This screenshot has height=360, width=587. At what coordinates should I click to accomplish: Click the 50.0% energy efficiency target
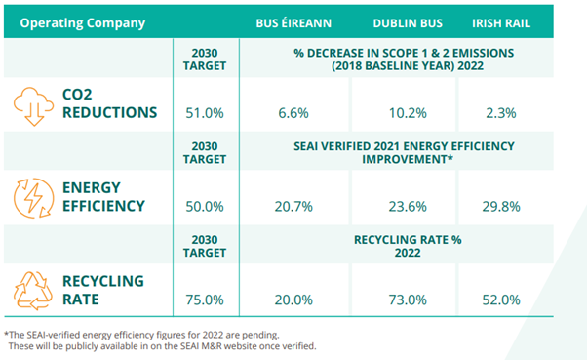click(x=205, y=206)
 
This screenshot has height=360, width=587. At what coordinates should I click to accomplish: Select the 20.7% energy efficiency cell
click(x=293, y=206)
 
